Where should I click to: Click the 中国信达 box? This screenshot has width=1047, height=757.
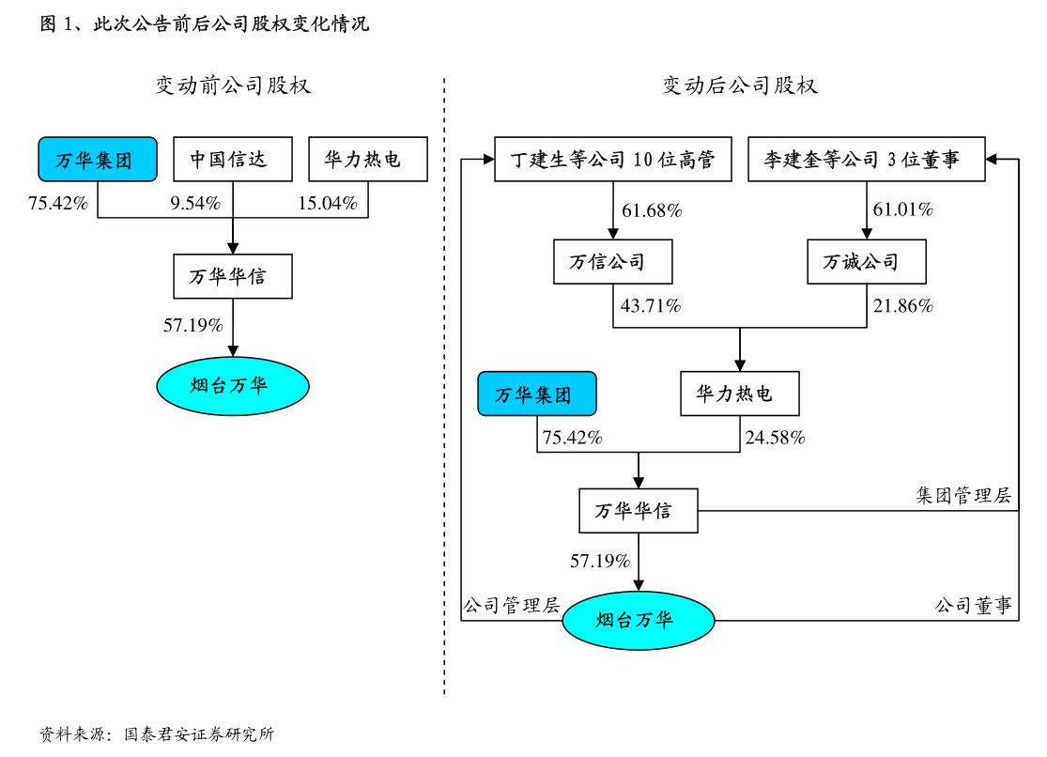click(232, 159)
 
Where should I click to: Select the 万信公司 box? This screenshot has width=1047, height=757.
click(612, 261)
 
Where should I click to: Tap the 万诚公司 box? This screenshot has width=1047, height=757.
click(866, 261)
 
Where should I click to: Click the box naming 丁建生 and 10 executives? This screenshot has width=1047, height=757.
click(612, 159)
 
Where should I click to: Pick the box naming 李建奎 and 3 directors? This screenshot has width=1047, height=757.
click(866, 159)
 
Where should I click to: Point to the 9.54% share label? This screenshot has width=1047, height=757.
click(195, 203)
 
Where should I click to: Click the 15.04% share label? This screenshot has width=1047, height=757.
click(327, 203)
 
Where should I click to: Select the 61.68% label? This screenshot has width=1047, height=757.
click(652, 210)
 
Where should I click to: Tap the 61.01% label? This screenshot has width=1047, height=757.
click(902, 209)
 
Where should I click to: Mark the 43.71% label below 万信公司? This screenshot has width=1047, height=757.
click(651, 305)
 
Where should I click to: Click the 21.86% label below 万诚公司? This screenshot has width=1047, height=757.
click(902, 305)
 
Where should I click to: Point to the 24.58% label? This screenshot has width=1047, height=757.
click(775, 437)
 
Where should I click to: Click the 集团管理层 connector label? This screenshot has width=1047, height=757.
click(963, 495)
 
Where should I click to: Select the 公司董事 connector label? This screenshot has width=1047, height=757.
click(973, 606)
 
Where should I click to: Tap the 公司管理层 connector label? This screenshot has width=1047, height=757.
click(512, 606)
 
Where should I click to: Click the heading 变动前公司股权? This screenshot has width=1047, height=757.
click(233, 85)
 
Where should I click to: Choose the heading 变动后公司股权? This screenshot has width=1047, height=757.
click(740, 85)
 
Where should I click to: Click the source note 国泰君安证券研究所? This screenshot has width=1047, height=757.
click(199, 734)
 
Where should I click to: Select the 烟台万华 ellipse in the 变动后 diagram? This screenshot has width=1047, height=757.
click(639, 621)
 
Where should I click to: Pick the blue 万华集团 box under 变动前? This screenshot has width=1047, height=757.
click(98, 159)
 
